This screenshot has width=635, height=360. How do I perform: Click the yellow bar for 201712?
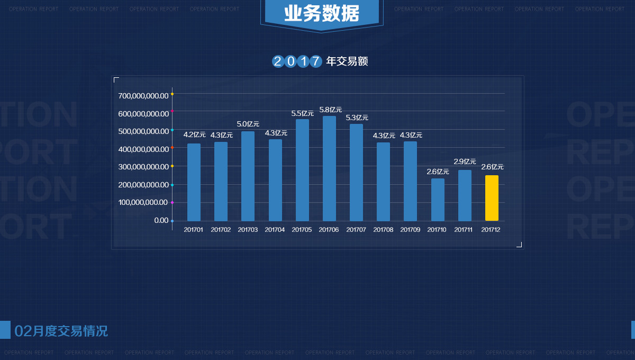pos(492,198)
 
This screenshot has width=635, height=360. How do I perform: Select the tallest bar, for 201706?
pos(329,168)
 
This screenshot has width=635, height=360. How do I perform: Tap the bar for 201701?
pos(194,182)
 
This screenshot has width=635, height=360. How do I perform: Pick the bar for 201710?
pos(438,200)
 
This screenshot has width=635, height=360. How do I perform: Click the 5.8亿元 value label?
pos(331,110)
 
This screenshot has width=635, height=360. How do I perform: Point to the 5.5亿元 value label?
pos(303,113)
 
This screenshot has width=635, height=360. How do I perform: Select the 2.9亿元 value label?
pos(465,161)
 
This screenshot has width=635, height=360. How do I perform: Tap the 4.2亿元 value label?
pos(195,134)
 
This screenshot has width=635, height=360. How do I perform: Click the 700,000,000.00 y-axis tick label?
pos(143,96)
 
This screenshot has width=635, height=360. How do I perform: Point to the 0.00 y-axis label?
pos(161,220)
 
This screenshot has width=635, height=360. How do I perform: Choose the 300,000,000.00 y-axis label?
pos(143,167)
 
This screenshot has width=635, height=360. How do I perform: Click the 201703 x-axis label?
pos(248,230)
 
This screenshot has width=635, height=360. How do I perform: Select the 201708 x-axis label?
pos(383,230)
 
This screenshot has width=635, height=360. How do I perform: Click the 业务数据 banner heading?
pos(321,13)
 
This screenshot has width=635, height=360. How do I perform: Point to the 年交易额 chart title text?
pos(347,61)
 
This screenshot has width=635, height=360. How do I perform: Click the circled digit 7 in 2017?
pos(315,61)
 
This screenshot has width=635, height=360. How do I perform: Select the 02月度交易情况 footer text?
pos(61,331)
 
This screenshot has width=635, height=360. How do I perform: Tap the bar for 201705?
pos(302,170)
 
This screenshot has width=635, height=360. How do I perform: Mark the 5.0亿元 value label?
pos(248,124)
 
